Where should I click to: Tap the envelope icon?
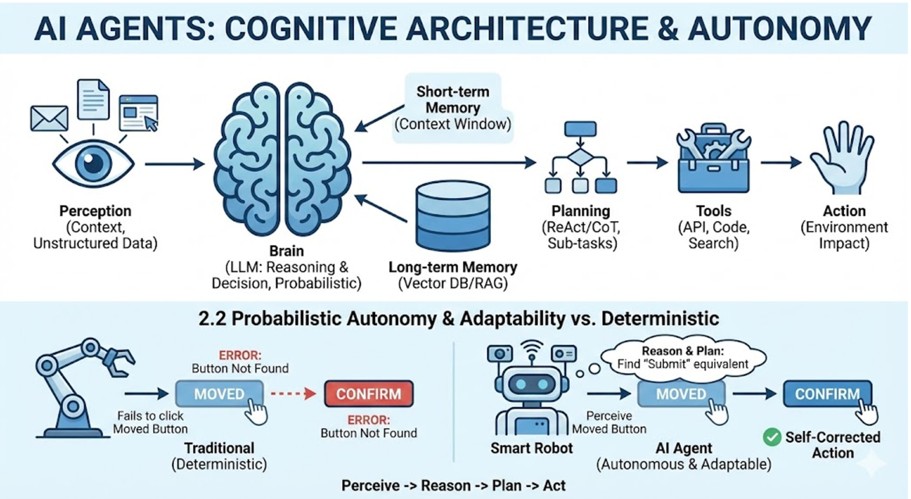[49, 118]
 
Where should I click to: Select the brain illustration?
[283, 160]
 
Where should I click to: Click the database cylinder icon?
[453, 216]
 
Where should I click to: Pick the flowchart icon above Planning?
[580, 158]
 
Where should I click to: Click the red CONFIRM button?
[369, 394]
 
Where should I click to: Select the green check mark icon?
[772, 437]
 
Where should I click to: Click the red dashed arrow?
[293, 394]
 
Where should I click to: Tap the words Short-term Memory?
[453, 100]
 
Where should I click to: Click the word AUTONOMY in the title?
[779, 28]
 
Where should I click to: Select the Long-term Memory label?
[453, 267]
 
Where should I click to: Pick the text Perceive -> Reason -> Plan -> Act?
[453, 486]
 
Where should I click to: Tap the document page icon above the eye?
[93, 100]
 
